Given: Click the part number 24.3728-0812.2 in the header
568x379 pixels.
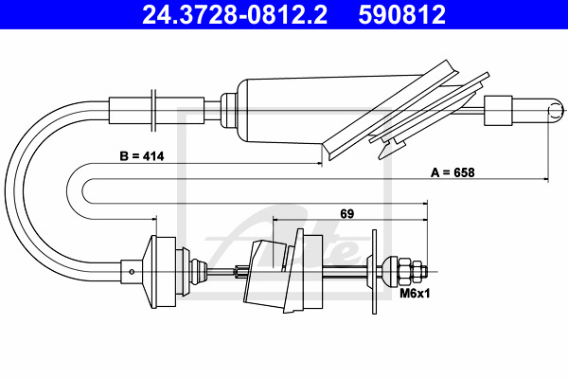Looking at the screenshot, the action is point(235,14).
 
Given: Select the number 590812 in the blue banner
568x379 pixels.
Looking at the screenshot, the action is point(401,14).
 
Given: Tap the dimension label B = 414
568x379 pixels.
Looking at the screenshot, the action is point(142,156).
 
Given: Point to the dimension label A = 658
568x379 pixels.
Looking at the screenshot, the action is point(453,172).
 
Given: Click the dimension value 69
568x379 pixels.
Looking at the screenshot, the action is point(346,213).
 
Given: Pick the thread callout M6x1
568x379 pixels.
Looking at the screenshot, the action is point(415,293).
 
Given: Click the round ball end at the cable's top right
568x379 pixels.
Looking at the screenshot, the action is point(556,111).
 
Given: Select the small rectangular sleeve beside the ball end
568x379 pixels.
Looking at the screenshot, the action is point(498,111).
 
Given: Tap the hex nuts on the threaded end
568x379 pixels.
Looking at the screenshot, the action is point(413,271).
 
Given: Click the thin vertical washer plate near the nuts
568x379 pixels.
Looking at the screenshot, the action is point(374,271).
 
